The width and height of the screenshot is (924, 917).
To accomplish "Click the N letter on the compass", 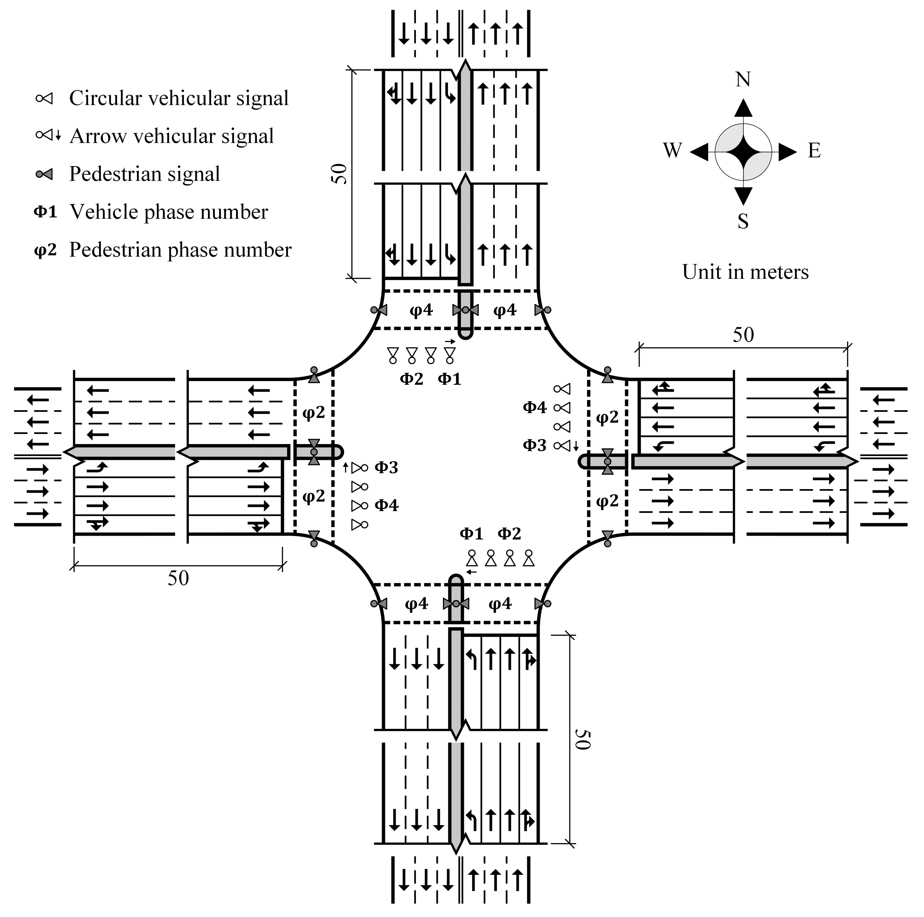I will (743, 79).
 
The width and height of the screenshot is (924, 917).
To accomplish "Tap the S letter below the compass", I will (743, 221).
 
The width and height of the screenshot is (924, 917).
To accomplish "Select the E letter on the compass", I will (814, 151).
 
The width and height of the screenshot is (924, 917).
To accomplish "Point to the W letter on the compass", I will (672, 151).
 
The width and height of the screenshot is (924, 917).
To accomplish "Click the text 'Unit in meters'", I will (745, 272).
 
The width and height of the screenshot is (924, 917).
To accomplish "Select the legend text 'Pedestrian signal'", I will (145, 174).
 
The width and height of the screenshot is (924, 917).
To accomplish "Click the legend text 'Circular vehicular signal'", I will (179, 98).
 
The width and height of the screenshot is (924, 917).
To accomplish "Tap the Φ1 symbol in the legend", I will (45, 212).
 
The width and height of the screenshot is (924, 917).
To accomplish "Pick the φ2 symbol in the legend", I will (45, 250).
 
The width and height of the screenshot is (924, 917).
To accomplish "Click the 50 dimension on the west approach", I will (178, 578).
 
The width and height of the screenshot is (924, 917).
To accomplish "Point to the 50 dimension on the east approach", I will (743, 335).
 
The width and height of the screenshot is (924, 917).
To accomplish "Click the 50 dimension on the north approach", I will (339, 174).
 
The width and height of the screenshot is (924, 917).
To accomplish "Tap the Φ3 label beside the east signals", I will (534, 446).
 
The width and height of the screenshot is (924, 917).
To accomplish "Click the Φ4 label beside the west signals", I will (386, 505).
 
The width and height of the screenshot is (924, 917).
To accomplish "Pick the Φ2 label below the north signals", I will (411, 379).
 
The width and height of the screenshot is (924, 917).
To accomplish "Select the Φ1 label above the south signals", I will (471, 533).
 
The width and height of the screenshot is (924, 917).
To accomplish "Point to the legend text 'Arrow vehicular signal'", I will (172, 136).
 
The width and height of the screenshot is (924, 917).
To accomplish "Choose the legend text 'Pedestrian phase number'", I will (180, 250).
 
